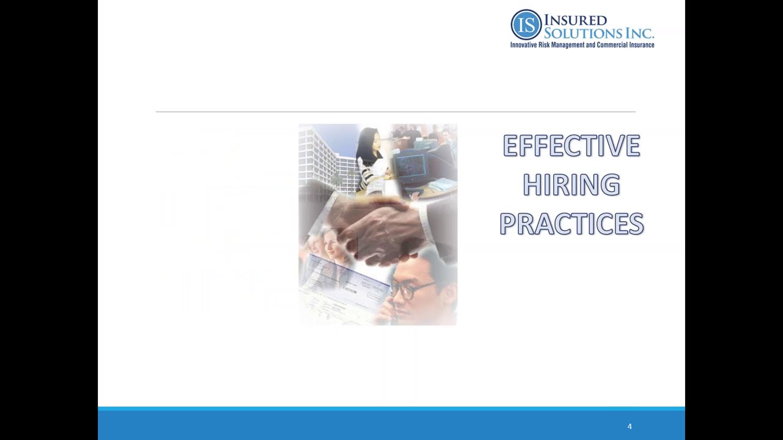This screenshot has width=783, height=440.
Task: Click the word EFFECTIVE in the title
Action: (x=571, y=146)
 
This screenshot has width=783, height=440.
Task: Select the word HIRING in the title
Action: (x=571, y=185)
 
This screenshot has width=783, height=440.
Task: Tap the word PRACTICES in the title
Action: (x=571, y=224)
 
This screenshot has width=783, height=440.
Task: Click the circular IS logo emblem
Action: (x=526, y=24)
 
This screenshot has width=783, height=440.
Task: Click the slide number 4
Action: (x=629, y=427)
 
